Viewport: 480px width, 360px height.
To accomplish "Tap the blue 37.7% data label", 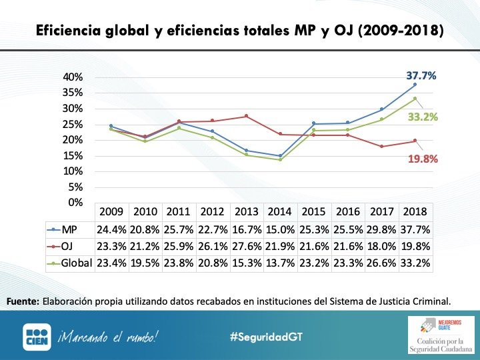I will click(421, 76).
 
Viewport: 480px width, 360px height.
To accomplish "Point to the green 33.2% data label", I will click(422, 117).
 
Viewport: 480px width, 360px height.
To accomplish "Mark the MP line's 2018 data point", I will click(415, 84).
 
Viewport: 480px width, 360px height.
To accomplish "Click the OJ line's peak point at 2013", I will click(246, 116).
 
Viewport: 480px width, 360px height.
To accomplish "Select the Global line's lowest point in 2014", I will click(280, 159).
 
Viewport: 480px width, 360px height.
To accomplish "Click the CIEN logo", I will click(37, 337).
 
